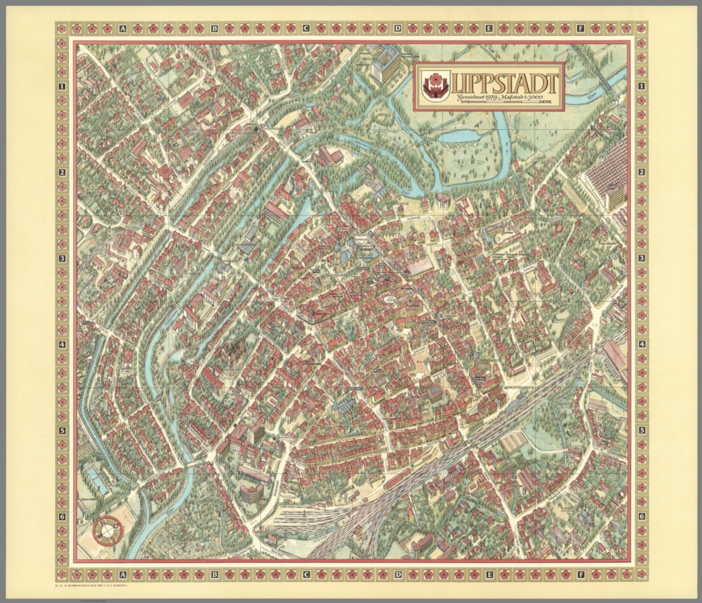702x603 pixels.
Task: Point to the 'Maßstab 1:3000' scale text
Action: (526, 97)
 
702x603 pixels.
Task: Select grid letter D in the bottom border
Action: (398, 574)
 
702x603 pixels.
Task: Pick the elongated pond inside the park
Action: (457, 134)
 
